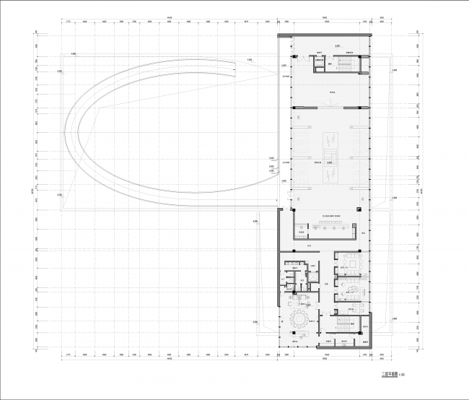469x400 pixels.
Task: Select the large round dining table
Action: [298, 318]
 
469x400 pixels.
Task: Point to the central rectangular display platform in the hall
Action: [330, 158]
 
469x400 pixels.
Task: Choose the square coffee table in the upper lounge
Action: [354, 258]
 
